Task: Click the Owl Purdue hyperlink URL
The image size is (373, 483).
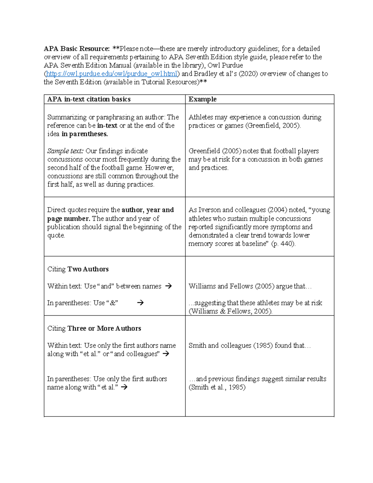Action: click(x=112, y=74)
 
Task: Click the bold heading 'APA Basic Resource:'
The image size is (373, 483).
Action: click(x=76, y=49)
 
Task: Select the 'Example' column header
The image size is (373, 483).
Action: click(x=202, y=99)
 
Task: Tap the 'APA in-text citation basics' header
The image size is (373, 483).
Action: click(x=89, y=99)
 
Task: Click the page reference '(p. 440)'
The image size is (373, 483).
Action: click(x=283, y=244)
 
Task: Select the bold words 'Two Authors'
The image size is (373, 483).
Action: click(x=88, y=269)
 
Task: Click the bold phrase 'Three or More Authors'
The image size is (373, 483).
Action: click(x=104, y=328)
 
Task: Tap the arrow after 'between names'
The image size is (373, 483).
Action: click(x=168, y=286)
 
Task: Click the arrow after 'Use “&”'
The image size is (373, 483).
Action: click(x=140, y=303)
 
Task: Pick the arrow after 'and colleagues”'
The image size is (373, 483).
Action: click(x=166, y=354)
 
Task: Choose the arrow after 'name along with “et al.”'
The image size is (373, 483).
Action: click(x=124, y=388)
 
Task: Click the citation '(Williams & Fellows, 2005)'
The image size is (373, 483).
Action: click(x=230, y=311)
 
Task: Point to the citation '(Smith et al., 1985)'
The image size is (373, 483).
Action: click(x=217, y=388)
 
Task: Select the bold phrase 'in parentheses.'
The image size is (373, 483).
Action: click(x=85, y=134)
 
